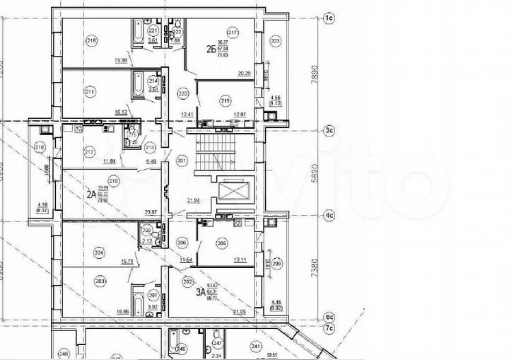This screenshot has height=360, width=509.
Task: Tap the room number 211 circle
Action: click(90, 91)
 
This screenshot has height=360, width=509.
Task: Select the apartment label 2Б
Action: click(209, 49)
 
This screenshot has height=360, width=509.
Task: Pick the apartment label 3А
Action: click(200, 289)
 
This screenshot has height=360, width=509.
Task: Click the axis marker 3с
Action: click(328, 130)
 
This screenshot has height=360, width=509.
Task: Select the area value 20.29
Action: click(245, 73)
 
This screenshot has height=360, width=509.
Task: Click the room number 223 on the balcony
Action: click(275, 41)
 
